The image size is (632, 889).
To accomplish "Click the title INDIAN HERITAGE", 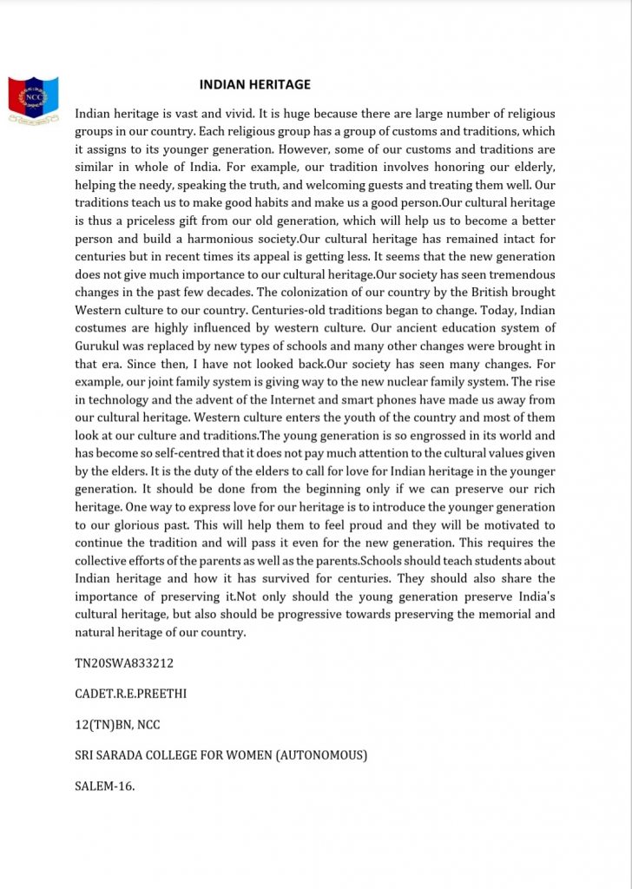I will tap(254, 84).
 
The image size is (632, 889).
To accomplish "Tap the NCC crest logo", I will tap(33, 98).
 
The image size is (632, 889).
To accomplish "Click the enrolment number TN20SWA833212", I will tap(125, 663).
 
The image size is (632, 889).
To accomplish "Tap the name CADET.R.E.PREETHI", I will tap(131, 694).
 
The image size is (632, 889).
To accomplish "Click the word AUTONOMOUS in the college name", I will tap(320, 755).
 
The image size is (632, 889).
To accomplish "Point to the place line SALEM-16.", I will tap(105, 786).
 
